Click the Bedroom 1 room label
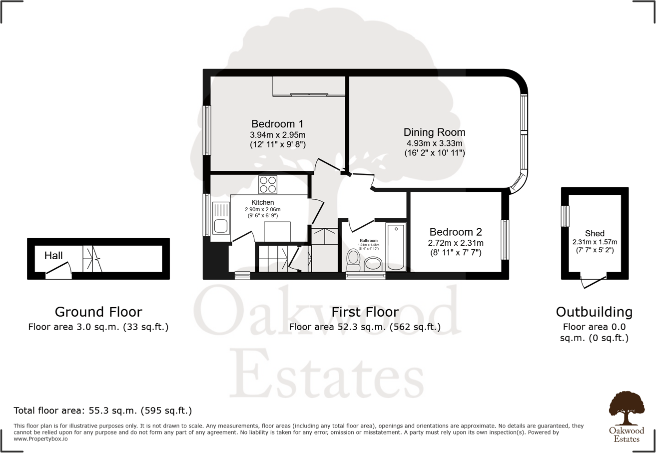click(277, 124)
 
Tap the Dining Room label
click(434, 132)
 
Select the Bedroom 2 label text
click(455, 232)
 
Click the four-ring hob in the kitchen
click(268, 185)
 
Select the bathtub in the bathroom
click(396, 247)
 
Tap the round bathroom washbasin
click(373, 263)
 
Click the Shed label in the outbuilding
click(595, 233)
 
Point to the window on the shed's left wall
click(565, 216)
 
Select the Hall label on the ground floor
click(53, 256)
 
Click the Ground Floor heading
click(98, 312)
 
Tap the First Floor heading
click(365, 312)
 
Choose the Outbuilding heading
click(594, 312)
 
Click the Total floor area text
click(103, 411)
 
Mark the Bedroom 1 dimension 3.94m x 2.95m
click(277, 135)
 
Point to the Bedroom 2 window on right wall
click(505, 240)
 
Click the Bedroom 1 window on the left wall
click(206, 130)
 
